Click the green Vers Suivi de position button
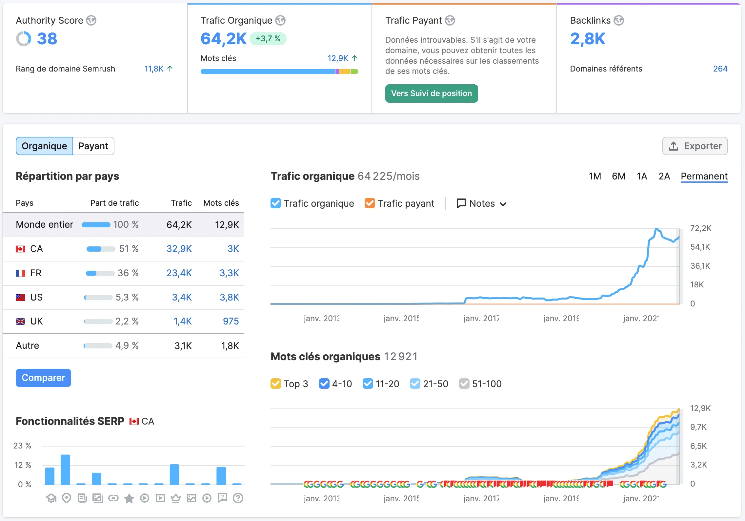coord(431,94)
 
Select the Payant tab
coord(93,146)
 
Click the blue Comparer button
coord(43,378)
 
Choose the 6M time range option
coord(618,176)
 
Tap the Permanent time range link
coord(704,176)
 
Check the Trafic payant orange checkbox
coord(370,203)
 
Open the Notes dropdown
coord(481,203)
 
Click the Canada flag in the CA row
coord(20,249)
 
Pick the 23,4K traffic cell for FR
coord(179,273)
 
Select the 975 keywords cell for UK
coord(231,321)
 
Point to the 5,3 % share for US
coord(127,297)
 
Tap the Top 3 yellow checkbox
coord(276,384)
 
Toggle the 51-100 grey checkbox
coord(464,384)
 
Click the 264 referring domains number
coord(720,69)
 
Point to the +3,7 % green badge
coord(268,39)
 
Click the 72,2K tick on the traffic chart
coord(701,228)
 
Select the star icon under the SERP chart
coord(129,498)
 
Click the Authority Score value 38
coord(47,39)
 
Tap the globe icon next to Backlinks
coord(619,20)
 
